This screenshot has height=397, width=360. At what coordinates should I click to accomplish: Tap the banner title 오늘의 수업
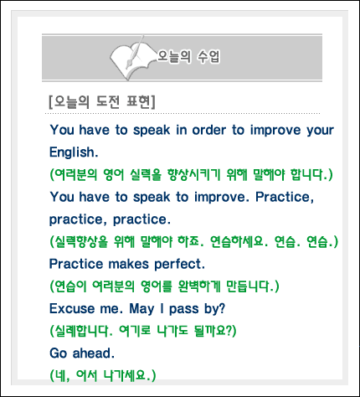tap(189, 56)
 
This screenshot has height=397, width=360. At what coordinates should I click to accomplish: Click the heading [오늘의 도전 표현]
tap(102, 102)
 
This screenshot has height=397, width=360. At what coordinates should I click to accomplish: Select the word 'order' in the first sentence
tap(209, 130)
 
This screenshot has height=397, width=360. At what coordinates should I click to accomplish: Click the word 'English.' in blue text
tap(74, 152)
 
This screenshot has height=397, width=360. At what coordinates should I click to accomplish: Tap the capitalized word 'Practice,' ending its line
tap(285, 198)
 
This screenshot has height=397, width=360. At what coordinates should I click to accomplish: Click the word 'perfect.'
tap(180, 264)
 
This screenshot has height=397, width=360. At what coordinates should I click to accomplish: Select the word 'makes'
tap(128, 264)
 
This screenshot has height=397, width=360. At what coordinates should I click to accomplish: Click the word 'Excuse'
tap(72, 309)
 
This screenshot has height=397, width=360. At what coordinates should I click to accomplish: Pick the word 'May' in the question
tap(141, 309)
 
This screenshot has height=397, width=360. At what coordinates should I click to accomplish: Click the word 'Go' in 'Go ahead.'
tap(59, 353)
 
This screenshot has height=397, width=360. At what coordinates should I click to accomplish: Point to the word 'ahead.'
tap(94, 353)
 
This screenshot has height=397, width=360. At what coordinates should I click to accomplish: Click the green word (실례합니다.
tap(81, 331)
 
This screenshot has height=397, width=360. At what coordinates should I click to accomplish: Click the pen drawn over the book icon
tap(135, 52)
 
